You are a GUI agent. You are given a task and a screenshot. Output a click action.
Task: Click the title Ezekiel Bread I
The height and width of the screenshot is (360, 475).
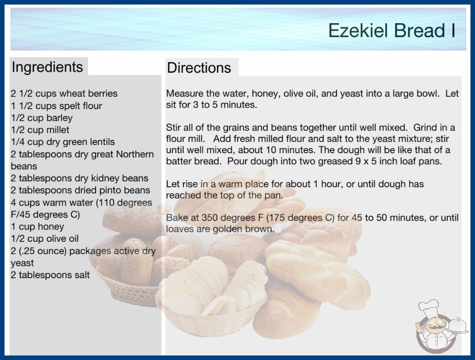(392, 30)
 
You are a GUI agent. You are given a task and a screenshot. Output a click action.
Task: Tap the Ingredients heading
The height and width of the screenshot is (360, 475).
(47, 67)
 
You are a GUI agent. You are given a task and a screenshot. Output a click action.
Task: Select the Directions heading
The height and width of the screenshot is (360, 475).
(199, 68)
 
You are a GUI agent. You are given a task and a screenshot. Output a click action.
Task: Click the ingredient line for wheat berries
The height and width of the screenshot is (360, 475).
(64, 94)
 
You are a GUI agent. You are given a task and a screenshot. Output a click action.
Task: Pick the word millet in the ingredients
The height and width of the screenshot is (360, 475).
(58, 130)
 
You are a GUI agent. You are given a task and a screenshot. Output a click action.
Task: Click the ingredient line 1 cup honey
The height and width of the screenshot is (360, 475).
(38, 226)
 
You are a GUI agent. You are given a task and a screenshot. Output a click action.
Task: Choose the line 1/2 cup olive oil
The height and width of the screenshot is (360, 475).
(45, 239)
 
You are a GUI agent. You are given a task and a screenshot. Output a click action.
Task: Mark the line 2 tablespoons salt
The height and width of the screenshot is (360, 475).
(50, 275)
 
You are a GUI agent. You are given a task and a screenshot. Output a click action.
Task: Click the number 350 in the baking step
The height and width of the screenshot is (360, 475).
(210, 218)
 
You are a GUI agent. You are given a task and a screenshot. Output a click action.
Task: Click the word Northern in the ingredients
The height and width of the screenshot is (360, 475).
(135, 154)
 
